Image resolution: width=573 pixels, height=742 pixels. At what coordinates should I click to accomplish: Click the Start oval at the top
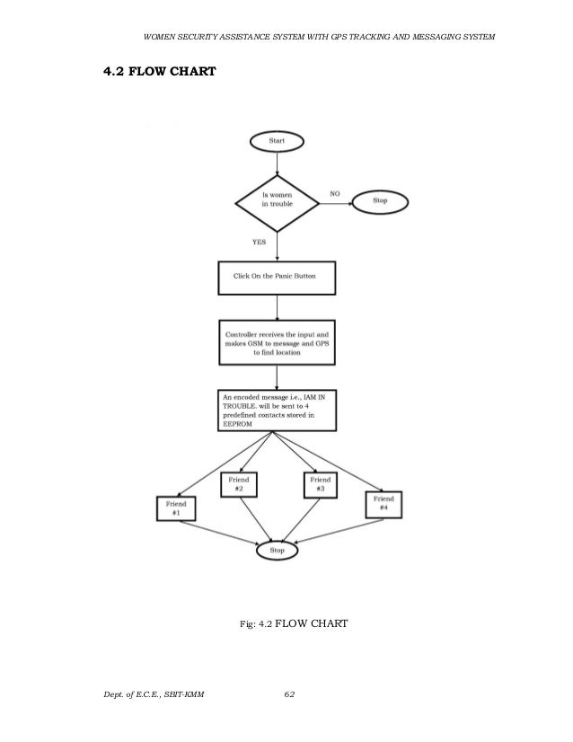pyautogui.click(x=277, y=141)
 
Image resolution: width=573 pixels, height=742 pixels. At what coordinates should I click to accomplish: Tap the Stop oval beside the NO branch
pyautogui.click(x=380, y=201)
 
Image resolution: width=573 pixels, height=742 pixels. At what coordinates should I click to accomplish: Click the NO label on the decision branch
pyautogui.click(x=335, y=192)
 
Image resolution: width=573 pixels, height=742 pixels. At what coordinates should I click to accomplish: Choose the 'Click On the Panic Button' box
pyautogui.click(x=277, y=278)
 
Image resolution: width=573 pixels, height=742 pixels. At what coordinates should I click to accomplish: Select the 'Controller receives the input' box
pyautogui.click(x=277, y=341)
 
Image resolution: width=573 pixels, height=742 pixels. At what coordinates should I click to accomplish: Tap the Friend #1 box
pyautogui.click(x=176, y=509)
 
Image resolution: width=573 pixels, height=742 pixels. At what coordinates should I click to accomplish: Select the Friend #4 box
pyautogui.click(x=384, y=504)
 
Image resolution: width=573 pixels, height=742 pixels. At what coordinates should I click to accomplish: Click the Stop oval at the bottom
pyautogui.click(x=277, y=550)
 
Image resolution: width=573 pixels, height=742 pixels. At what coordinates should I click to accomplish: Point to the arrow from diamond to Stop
pyautogui.click(x=334, y=202)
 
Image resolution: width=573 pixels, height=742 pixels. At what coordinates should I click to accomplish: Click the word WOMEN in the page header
pyautogui.click(x=163, y=37)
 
